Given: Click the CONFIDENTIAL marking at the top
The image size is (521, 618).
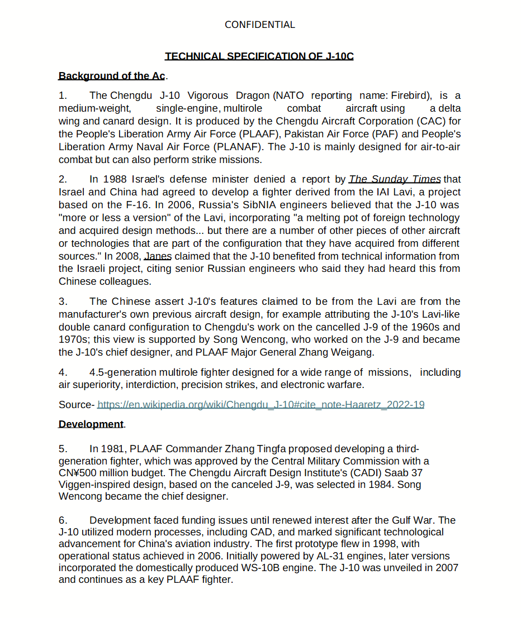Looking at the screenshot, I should coord(259,25).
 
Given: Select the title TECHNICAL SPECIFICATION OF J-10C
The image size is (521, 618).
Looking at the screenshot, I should coord(259,56).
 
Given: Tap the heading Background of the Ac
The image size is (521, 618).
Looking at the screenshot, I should coord(112,76).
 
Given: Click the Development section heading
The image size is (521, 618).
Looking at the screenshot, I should coord(91,424).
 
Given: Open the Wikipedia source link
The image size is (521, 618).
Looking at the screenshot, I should coord(260,405).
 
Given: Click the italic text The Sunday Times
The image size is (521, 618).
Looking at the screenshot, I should coord(395,179).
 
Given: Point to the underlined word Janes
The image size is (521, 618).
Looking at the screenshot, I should coord(158,256).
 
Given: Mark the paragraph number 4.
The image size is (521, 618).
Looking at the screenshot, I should coord(63,372).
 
